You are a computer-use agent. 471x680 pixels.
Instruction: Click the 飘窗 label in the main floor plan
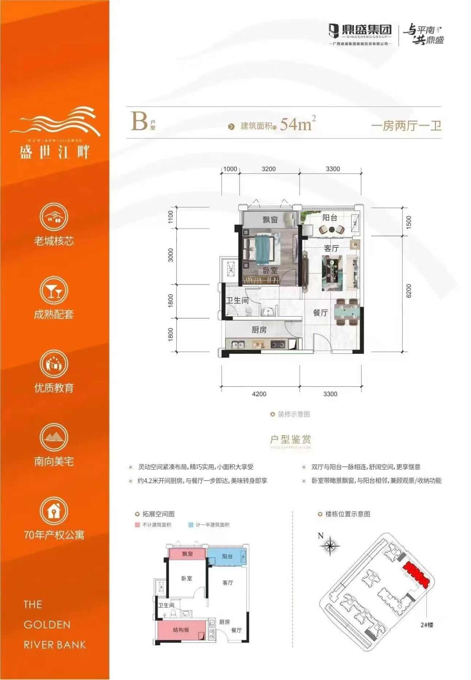270,220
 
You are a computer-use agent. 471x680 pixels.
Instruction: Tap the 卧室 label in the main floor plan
270,270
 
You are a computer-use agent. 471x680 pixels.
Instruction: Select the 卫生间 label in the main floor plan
237,300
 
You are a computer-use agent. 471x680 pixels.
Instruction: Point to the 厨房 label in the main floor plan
259,330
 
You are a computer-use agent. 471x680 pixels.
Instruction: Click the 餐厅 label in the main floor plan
320,313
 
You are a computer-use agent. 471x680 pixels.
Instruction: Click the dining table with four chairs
347,312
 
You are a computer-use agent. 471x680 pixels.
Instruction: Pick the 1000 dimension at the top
230,169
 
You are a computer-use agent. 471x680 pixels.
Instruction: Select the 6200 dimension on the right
409,291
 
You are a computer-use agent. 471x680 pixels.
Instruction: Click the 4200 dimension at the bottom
259,394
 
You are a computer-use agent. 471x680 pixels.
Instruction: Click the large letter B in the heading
139,122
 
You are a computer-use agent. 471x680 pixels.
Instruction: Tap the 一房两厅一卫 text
406,126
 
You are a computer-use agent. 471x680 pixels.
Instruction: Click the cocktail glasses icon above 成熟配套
54,291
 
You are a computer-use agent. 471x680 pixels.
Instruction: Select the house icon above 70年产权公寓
54,511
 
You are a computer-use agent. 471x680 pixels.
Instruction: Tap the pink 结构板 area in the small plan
181,630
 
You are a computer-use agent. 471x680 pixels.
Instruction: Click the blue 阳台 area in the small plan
227,557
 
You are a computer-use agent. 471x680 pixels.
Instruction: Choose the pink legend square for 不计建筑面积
137,525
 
